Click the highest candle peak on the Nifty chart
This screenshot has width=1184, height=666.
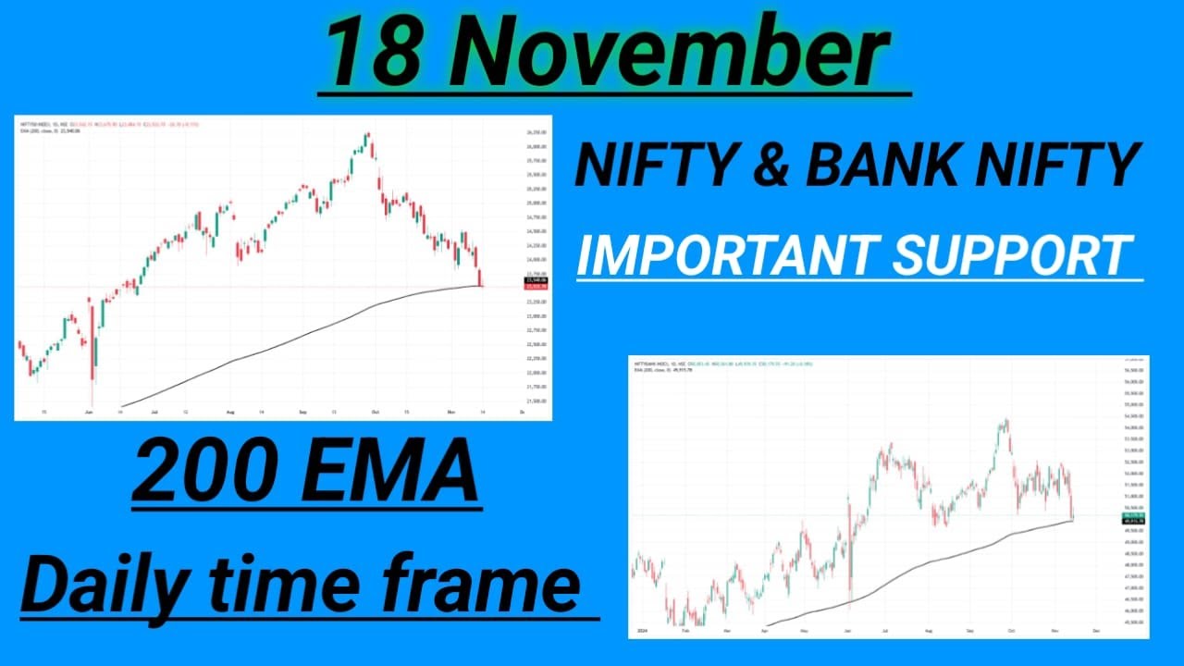(x=367, y=135)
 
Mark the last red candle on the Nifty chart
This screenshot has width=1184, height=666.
(x=480, y=277)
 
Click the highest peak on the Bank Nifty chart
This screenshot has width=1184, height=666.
(x=1005, y=421)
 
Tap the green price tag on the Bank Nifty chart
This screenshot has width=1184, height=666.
(x=1135, y=515)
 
